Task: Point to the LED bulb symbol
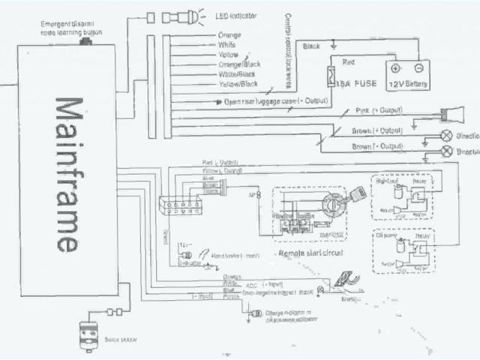pos(193,16)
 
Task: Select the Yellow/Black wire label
pos(238,85)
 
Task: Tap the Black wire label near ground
pos(310,46)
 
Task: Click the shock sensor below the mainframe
pos(91,334)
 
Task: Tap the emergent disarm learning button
pos(88,36)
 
